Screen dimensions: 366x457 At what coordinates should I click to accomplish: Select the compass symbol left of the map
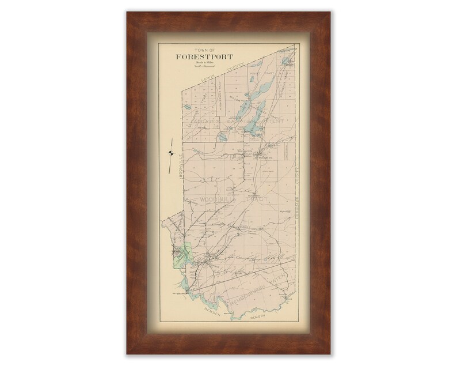[x=171, y=153]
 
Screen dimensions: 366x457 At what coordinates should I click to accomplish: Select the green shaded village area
[x=184, y=255]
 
